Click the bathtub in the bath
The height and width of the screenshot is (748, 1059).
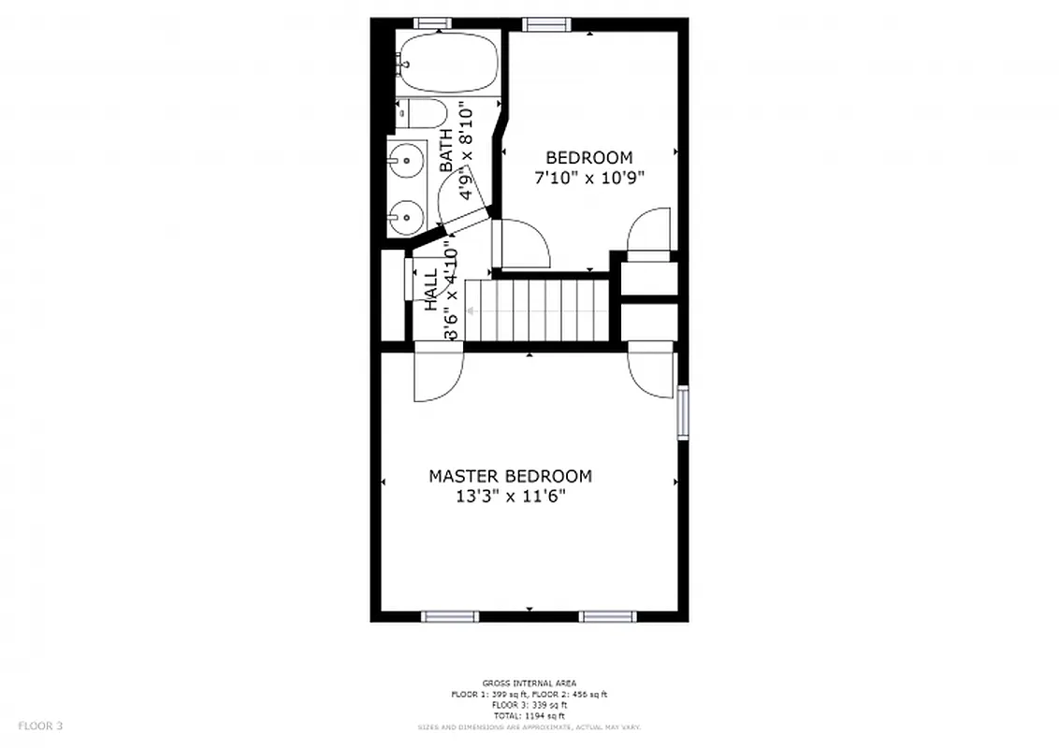coord(446,62)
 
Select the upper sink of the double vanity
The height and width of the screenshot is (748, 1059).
coord(406,162)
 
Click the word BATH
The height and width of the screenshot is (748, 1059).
coord(446,151)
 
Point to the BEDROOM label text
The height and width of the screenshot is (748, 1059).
coord(588,158)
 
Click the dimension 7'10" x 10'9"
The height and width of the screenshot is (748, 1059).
coord(589,178)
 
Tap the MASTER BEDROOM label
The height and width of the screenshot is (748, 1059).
coord(510,476)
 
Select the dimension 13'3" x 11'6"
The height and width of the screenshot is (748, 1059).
coord(510,497)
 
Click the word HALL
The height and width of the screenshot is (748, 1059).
coord(431,290)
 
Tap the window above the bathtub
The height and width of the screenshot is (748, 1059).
coord(431,23)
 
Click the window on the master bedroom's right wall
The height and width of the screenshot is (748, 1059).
coord(682,412)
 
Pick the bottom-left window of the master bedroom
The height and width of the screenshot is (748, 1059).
coord(450,615)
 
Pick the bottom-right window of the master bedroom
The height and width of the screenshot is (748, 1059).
coord(607,615)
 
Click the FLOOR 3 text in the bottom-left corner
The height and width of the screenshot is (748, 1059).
coord(40,725)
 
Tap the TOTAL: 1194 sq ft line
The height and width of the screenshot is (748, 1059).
coord(529,715)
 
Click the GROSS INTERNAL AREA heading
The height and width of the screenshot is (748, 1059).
coord(529,683)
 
